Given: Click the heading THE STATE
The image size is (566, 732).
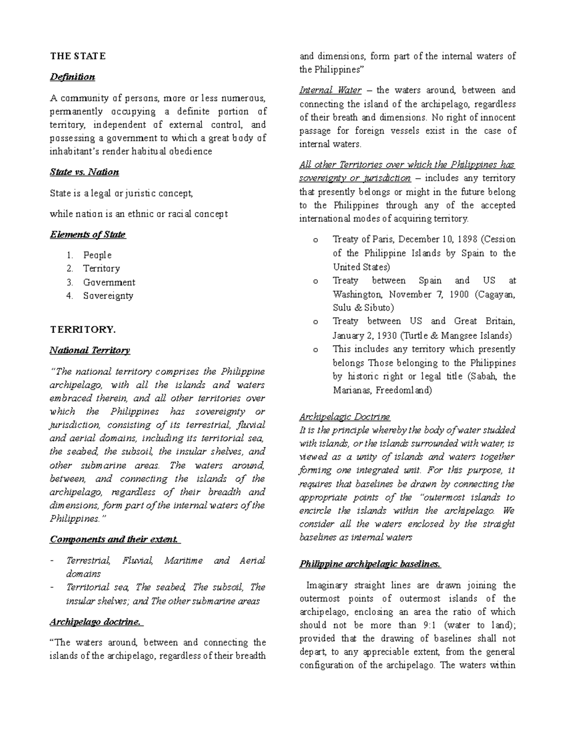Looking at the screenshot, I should [x=78, y=56].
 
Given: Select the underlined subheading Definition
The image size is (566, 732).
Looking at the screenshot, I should [x=73, y=77].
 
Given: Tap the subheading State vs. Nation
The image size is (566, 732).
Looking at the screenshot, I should [x=84, y=172].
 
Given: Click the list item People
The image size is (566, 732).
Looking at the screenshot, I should [x=97, y=255].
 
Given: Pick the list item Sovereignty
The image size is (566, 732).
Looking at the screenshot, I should [x=108, y=296].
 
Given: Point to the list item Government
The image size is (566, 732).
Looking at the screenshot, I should [x=109, y=282].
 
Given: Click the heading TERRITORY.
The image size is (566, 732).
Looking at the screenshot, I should [x=83, y=329].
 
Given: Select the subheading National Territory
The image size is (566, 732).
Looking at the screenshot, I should [x=90, y=350].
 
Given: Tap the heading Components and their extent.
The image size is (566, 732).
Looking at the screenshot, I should [x=114, y=539].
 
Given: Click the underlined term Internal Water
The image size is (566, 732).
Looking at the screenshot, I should [x=330, y=90].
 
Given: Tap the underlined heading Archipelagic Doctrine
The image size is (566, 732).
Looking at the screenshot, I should [x=345, y=417].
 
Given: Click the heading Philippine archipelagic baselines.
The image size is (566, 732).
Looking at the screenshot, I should [x=370, y=564].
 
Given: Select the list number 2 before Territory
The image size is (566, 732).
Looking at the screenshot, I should [x=70, y=269].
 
